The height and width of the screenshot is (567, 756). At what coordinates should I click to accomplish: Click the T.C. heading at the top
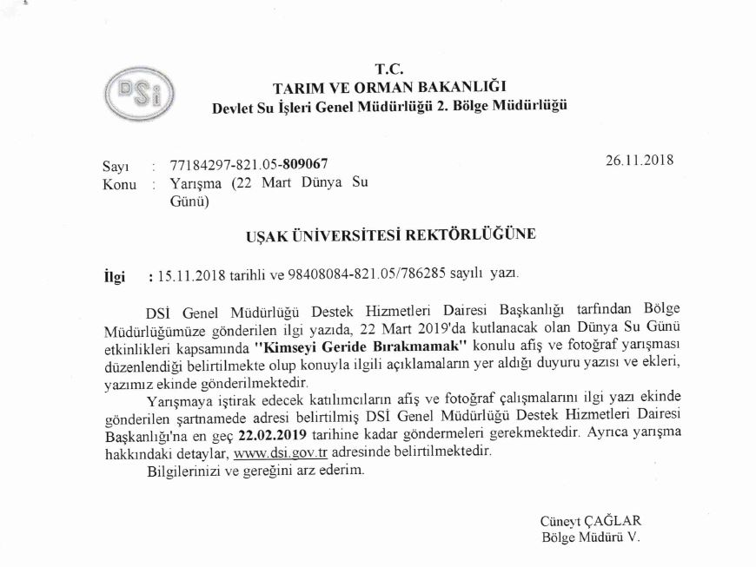click(x=388, y=69)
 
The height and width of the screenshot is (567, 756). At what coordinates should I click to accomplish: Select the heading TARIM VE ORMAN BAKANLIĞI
click(x=388, y=87)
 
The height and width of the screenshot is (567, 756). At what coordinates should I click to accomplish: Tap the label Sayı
click(x=116, y=165)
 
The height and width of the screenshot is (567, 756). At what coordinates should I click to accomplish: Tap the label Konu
click(x=118, y=184)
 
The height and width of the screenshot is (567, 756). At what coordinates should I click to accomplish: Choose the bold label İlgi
click(x=114, y=277)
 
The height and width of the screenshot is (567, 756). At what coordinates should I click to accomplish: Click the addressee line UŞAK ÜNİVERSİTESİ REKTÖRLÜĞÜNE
click(x=388, y=234)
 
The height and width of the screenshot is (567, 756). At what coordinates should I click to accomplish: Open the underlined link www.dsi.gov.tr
click(x=275, y=452)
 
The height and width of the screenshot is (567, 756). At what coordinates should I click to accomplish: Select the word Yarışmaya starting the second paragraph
click(x=178, y=402)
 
